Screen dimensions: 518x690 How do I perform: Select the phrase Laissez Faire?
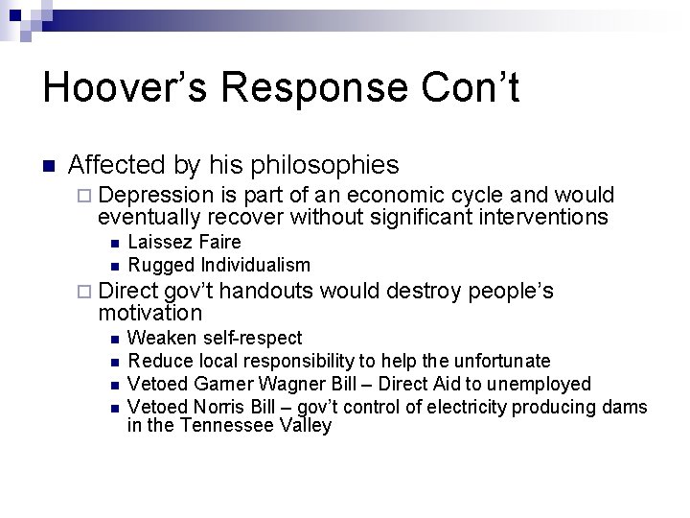(184, 242)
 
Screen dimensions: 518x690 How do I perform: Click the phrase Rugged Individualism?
(218, 265)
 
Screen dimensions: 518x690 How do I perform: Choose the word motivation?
(150, 313)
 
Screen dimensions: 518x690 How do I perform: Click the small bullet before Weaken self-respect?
(113, 339)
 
